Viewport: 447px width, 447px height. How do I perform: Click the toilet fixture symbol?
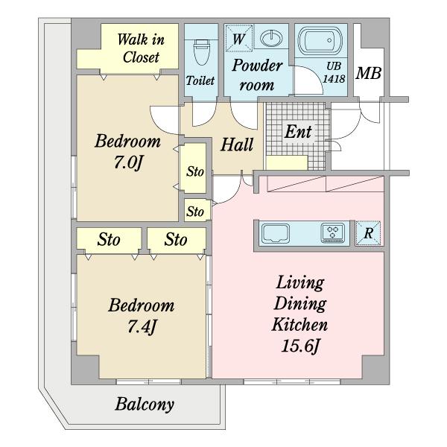click(200, 51)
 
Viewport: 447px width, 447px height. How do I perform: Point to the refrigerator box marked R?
click(368, 232)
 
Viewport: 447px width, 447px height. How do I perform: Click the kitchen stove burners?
click(332, 232)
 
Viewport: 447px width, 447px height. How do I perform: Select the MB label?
click(368, 74)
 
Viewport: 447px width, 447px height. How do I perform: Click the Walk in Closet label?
click(142, 48)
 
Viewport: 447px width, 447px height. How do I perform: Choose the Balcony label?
click(145, 405)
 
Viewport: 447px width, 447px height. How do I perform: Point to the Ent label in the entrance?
click(298, 133)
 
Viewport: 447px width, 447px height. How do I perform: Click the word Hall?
click(237, 145)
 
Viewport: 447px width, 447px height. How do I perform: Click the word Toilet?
click(200, 80)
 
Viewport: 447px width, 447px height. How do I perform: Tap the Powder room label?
click(257, 74)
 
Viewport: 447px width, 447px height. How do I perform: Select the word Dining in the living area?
click(299, 303)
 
